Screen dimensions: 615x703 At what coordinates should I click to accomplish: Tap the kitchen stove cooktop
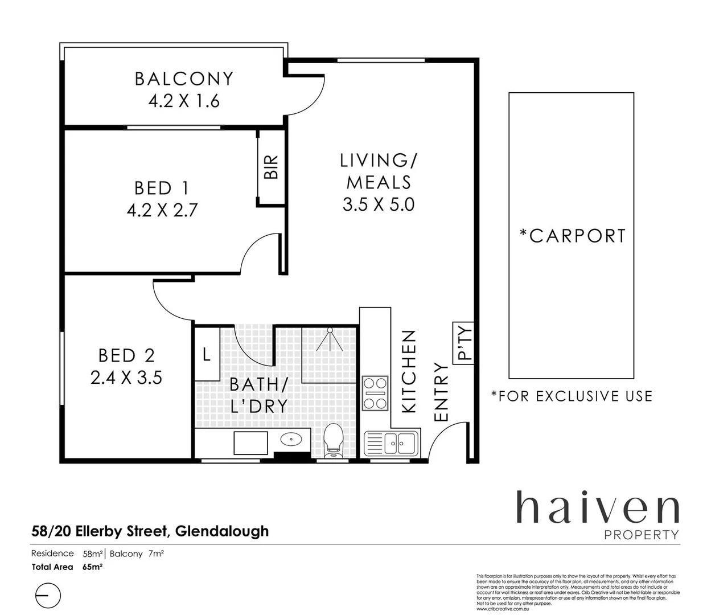375,393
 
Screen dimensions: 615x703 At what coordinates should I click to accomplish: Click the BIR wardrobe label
272,167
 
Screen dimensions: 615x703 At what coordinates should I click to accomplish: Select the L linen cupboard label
207,354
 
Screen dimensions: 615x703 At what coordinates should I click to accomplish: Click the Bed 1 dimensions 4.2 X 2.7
162,211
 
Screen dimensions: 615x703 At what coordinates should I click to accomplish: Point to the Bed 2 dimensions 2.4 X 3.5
126,377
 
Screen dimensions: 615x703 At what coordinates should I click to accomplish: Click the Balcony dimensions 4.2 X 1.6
184,101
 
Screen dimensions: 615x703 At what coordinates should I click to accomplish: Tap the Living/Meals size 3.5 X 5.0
379,204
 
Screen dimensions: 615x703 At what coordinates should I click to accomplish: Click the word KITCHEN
410,371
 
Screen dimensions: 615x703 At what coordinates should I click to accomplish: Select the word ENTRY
442,392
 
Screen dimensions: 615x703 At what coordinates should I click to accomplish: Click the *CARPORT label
572,236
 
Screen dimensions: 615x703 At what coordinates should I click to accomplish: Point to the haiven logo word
597,508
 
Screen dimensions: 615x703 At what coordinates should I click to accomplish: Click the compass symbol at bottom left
48,596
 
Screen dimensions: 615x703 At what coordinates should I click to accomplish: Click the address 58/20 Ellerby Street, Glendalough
150,531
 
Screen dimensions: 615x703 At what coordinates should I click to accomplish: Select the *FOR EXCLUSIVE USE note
572,396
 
